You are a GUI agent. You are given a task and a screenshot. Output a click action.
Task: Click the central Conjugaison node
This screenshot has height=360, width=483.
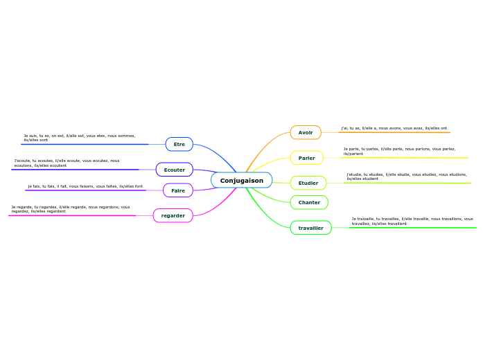coord(241,181)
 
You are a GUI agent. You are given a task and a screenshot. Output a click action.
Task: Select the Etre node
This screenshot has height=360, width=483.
coord(179,144)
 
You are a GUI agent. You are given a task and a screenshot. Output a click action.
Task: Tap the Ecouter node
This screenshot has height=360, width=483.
coord(174,170)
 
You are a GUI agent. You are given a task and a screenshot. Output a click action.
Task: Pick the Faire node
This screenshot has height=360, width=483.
coord(177,190)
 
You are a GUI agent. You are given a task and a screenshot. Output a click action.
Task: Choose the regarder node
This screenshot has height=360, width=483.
coord(173,215)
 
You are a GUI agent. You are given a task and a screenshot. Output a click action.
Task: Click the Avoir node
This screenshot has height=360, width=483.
coord(305,132)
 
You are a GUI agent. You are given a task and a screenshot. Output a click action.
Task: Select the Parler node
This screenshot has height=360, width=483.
coord(306,158)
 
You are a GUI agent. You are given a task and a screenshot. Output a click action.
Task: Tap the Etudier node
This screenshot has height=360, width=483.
coord(308,183)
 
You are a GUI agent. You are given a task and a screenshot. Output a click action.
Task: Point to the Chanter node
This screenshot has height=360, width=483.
coord(308,202)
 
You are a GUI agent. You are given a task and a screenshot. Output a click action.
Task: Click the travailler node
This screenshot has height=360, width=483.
coord(310,228)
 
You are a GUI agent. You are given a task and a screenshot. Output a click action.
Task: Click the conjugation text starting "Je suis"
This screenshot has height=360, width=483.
coord(79,138)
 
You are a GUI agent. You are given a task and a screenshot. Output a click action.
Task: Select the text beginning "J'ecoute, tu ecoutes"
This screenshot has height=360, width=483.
coord(67,163)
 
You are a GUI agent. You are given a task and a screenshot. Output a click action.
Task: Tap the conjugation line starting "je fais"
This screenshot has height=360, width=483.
coord(85,186)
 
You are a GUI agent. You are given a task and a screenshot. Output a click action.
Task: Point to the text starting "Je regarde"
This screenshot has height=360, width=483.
coord(70,208)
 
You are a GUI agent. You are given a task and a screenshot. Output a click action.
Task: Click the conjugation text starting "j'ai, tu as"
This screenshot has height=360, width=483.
coord(394,128)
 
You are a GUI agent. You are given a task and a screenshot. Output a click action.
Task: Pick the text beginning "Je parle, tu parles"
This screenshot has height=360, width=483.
coord(399,151)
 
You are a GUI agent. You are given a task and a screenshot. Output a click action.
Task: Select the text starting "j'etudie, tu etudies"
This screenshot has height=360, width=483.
coord(406,177)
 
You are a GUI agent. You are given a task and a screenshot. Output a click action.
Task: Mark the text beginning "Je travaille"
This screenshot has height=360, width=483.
coord(412,221)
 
